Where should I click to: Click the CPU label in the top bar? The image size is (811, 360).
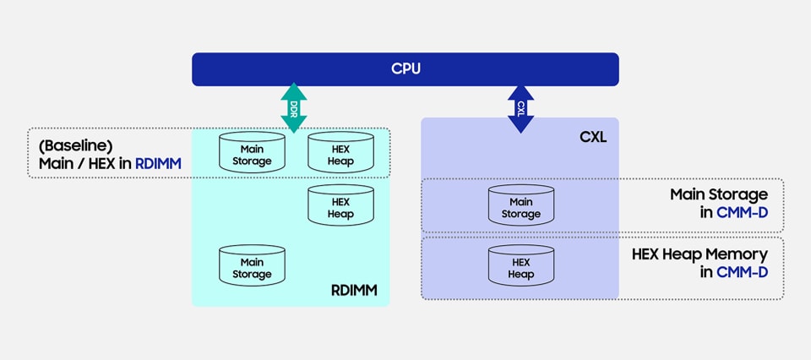[x=405, y=68]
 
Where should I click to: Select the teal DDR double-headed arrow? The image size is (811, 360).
[x=294, y=108]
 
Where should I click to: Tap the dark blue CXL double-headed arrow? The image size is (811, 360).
[x=520, y=108]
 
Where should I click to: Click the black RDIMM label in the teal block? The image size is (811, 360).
[x=353, y=292]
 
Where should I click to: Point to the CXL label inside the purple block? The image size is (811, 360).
[x=594, y=136]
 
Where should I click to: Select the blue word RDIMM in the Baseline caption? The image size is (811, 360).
[x=157, y=163]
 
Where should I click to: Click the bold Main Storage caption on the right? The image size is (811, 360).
[x=719, y=194]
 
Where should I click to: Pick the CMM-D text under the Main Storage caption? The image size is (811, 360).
[x=742, y=212]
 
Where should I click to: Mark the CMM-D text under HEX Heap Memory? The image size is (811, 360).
[x=742, y=271]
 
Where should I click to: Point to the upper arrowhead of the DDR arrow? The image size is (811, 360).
[x=294, y=91]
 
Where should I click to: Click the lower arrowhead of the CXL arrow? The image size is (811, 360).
[x=520, y=125]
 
